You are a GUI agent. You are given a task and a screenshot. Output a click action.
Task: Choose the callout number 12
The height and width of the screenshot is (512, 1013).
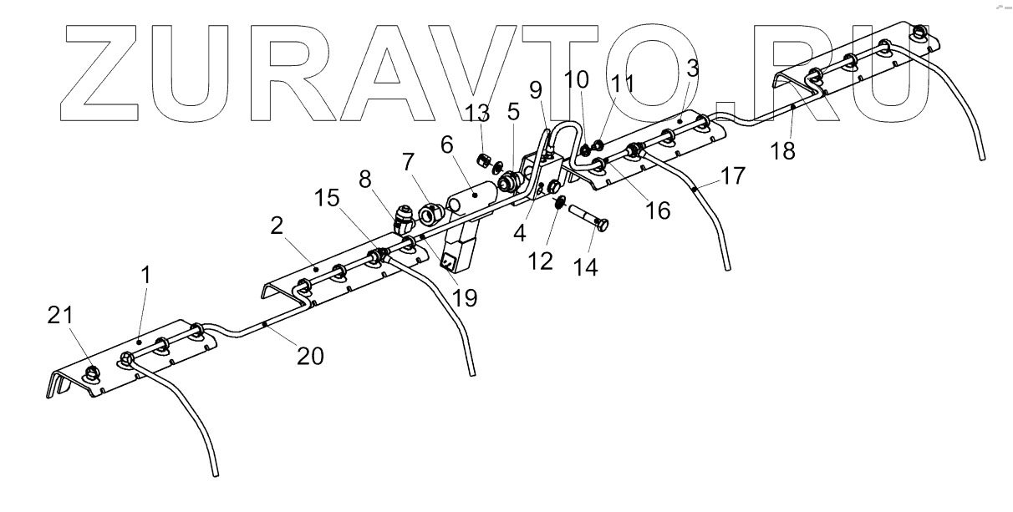coord(541,260)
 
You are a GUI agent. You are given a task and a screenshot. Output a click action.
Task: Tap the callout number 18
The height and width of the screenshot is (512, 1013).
coord(783,150)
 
